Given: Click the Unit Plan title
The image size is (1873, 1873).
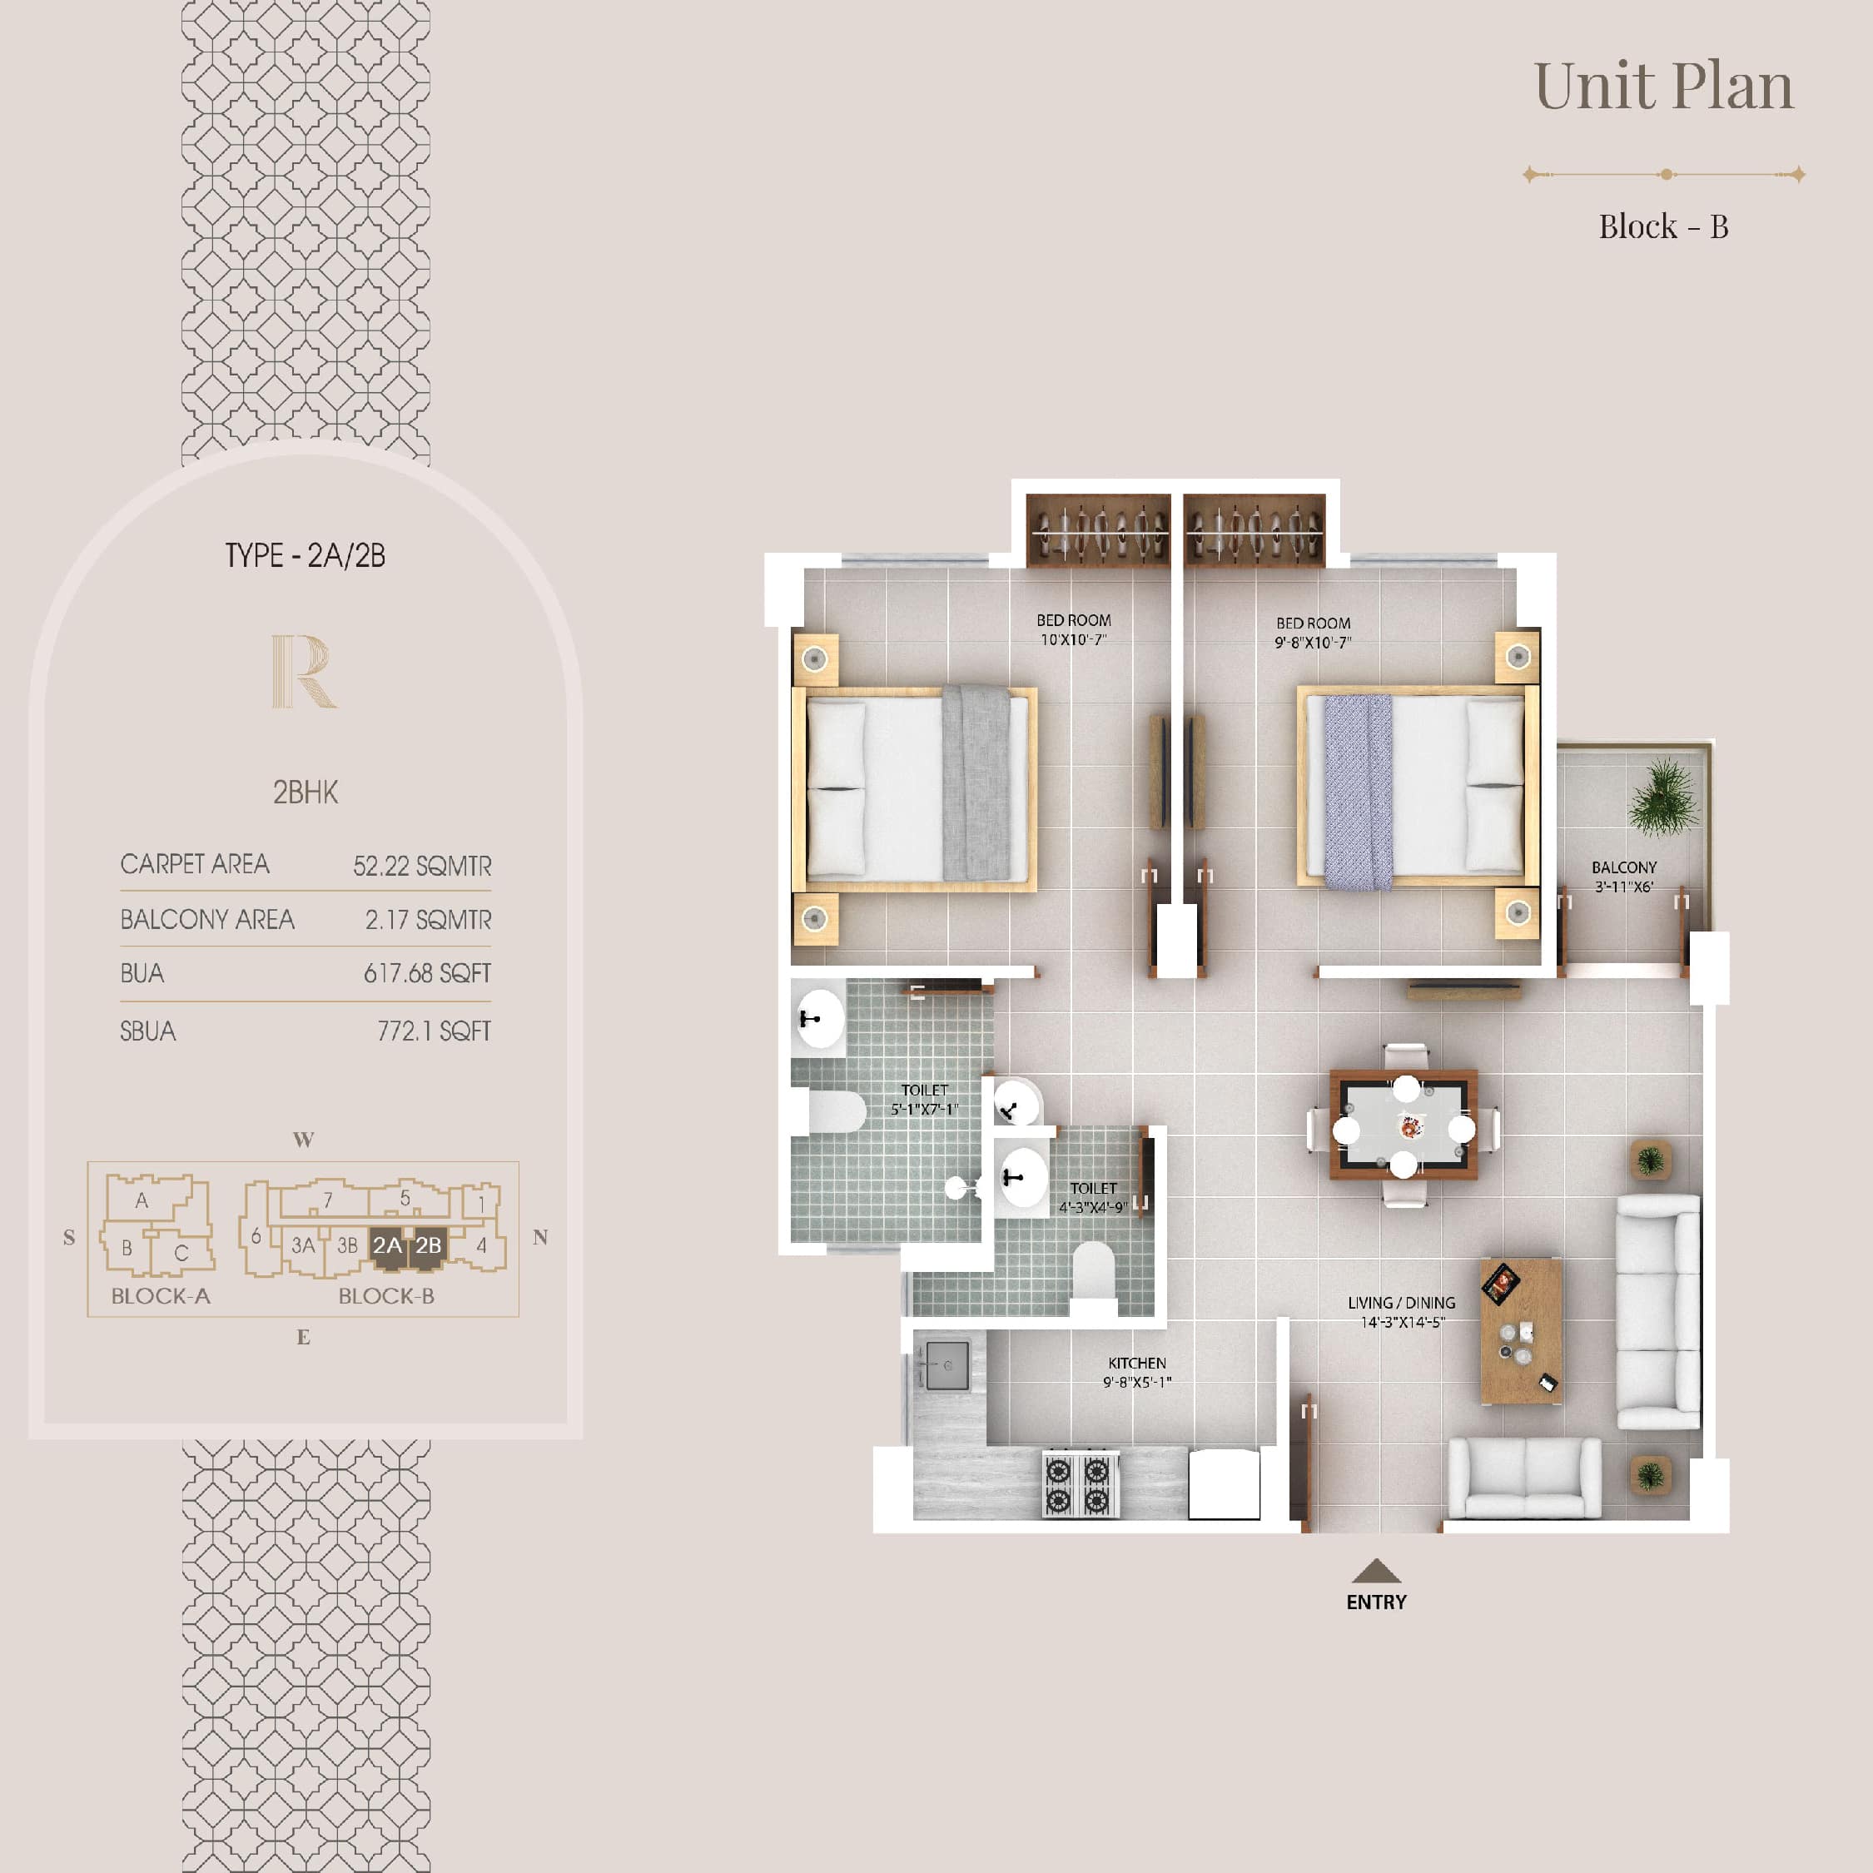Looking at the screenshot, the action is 1663,87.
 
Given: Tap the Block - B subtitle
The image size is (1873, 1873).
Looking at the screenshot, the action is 1663,227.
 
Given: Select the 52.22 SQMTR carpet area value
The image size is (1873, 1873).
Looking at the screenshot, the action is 422,866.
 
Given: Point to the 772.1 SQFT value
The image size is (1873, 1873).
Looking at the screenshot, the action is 434,1031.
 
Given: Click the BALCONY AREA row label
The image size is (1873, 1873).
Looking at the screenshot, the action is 206,919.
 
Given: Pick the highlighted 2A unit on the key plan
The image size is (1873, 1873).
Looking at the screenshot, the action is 387,1246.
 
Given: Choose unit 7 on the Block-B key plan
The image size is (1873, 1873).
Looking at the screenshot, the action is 328,1200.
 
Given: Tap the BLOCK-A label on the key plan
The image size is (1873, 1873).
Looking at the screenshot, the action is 160,1296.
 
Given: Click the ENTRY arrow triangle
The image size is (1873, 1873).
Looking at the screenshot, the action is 1376,1571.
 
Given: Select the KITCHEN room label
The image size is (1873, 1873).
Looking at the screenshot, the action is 1137,1363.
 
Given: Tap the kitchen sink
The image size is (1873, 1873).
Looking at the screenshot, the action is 946,1365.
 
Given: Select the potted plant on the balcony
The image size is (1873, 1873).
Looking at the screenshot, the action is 1663,797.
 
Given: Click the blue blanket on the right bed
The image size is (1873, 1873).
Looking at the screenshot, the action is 1359,791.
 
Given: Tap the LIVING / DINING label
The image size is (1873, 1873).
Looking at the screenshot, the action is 1402,1303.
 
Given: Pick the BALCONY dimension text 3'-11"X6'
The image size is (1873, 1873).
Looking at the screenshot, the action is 1624,886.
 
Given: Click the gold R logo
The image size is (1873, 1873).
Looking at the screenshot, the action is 304,671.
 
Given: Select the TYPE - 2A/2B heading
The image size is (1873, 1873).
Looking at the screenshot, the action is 306,555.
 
